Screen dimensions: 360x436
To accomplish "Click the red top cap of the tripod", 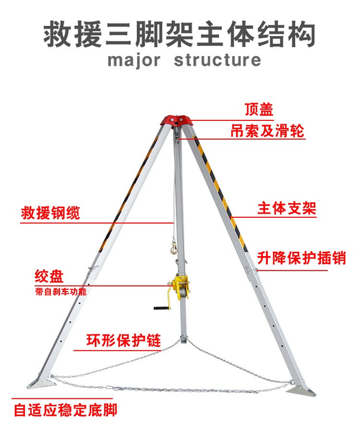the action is (x=176, y=120).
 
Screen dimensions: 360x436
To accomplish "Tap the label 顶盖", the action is (x=259, y=109).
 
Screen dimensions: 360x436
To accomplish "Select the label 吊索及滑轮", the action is (x=267, y=130).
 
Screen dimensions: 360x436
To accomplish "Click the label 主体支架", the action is (x=287, y=208).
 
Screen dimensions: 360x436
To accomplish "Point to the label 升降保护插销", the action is (x=301, y=258).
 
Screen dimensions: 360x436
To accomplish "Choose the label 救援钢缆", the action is (x=50, y=213).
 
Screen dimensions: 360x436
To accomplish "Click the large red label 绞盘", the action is (x=49, y=276).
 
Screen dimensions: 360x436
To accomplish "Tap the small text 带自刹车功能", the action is (x=60, y=291).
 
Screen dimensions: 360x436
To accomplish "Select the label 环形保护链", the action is (x=124, y=340).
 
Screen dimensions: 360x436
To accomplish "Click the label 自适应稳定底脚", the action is (x=66, y=410).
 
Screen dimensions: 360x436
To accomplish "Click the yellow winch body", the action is (x=180, y=288).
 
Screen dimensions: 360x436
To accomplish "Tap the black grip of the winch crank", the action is (x=161, y=308).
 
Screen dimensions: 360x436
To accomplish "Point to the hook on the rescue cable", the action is (x=174, y=247).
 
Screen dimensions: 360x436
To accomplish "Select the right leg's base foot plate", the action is (x=301, y=390).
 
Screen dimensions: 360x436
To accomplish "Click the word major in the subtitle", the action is (x=134, y=60).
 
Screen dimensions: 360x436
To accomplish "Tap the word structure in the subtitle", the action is (x=217, y=60).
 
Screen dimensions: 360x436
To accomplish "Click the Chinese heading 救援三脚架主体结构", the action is (x=180, y=34).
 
